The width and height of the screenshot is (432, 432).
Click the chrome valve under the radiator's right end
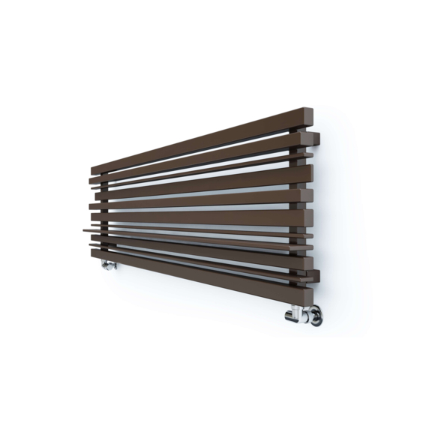304,314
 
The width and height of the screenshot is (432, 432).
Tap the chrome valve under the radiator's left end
108,263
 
